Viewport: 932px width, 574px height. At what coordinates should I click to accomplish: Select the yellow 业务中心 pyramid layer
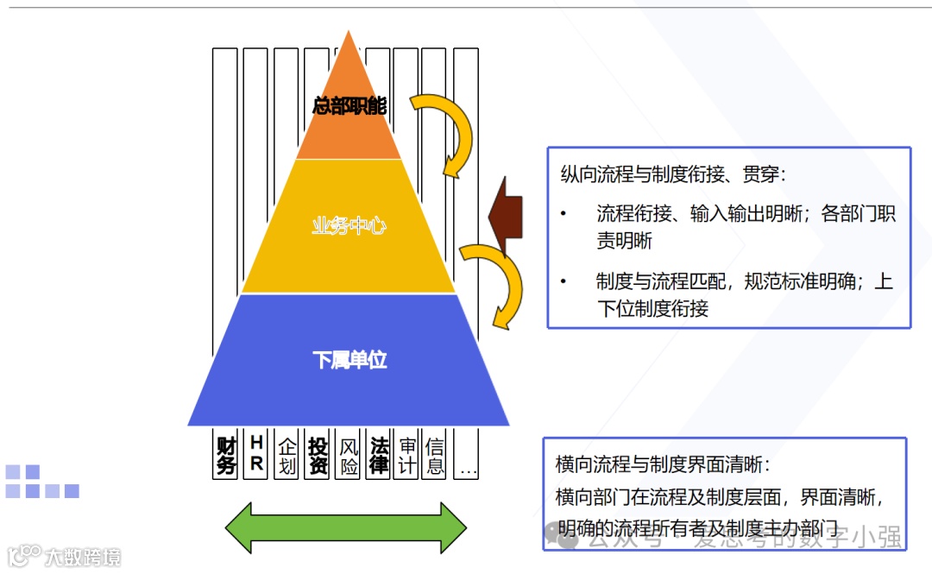(x=349, y=226)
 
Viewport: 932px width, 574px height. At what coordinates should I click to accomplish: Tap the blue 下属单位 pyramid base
(x=349, y=360)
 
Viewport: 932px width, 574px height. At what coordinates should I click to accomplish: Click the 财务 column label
(x=226, y=455)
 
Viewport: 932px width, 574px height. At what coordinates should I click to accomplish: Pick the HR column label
(x=256, y=454)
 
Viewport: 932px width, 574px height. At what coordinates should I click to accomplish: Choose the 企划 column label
(x=287, y=455)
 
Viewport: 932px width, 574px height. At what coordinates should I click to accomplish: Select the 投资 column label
(x=318, y=455)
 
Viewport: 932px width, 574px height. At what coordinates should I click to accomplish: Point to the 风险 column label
(x=349, y=455)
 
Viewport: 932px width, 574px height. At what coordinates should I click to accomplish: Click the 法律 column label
(x=379, y=455)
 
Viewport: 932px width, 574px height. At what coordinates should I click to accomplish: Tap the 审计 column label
(x=407, y=455)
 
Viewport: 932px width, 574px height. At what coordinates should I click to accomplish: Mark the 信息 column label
(x=436, y=455)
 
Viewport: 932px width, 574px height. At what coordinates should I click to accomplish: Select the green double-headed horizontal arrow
(x=345, y=527)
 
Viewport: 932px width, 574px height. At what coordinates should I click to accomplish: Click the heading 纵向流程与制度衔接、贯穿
(x=673, y=174)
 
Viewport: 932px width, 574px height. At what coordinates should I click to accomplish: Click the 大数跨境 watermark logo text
(x=83, y=557)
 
